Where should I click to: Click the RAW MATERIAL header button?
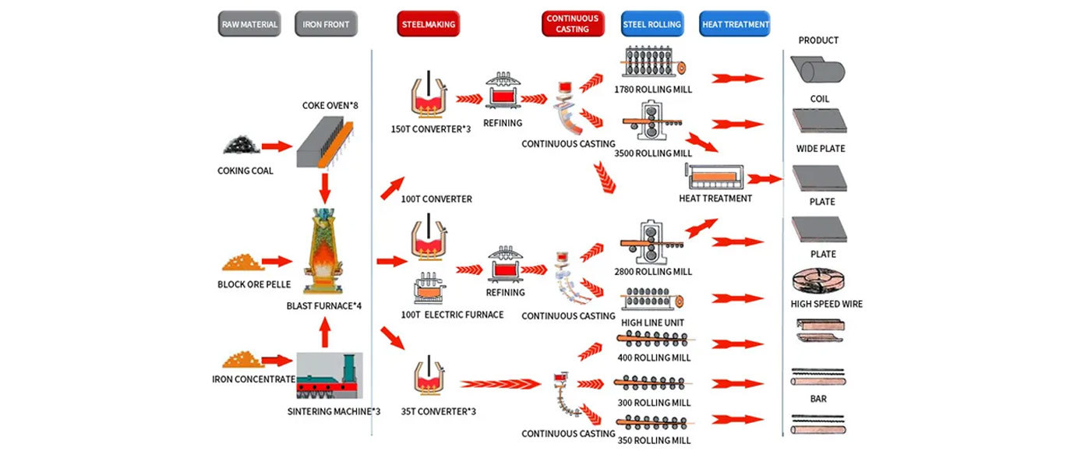pyautogui.click(x=249, y=24)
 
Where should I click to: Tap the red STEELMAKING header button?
pyautogui.click(x=428, y=24)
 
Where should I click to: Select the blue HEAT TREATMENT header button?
pyautogui.click(x=735, y=24)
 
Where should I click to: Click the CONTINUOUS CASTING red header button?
pyautogui.click(x=573, y=24)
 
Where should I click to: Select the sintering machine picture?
pyautogui.click(x=329, y=378)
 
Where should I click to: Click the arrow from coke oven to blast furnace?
pyautogui.click(x=325, y=187)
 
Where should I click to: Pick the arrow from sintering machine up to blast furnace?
pyautogui.click(x=325, y=333)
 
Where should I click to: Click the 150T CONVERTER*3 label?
pyautogui.click(x=431, y=129)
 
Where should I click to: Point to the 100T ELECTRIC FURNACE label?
pyautogui.click(x=452, y=315)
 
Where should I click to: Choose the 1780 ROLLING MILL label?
pyautogui.click(x=653, y=90)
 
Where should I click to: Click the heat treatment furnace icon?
pyautogui.click(x=713, y=177)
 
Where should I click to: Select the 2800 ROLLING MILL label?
pyautogui.click(x=653, y=272)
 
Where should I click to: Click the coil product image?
pyautogui.click(x=818, y=71)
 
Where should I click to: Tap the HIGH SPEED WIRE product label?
pyautogui.click(x=827, y=304)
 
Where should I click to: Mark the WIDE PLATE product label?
pyautogui.click(x=821, y=149)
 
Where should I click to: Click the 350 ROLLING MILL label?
pyautogui.click(x=653, y=440)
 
